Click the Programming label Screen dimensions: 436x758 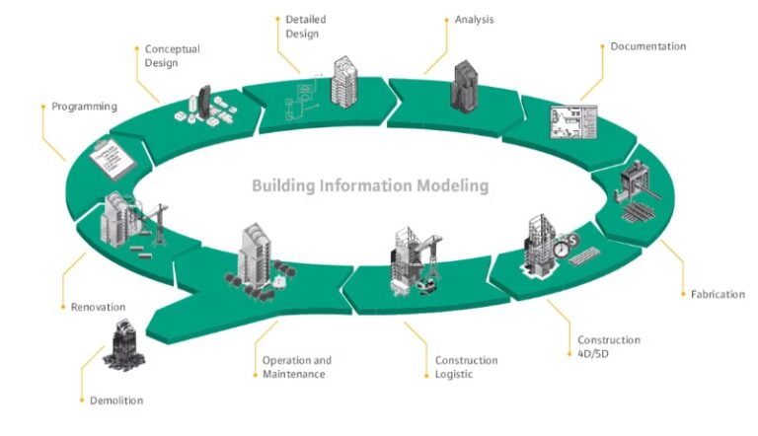click(x=85, y=107)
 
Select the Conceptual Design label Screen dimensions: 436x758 click(x=173, y=55)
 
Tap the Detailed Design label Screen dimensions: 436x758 click(x=305, y=26)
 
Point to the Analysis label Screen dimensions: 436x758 click(x=475, y=19)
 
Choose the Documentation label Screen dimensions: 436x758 click(x=647, y=46)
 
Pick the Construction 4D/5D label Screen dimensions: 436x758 click(x=608, y=346)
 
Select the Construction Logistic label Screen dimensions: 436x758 click(x=467, y=367)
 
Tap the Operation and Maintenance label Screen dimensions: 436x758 click(x=297, y=367)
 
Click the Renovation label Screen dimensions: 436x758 click(x=98, y=307)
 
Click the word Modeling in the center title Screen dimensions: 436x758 click(x=449, y=185)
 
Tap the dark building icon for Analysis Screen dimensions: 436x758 click(x=466, y=85)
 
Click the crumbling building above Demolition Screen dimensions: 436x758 click(x=122, y=345)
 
